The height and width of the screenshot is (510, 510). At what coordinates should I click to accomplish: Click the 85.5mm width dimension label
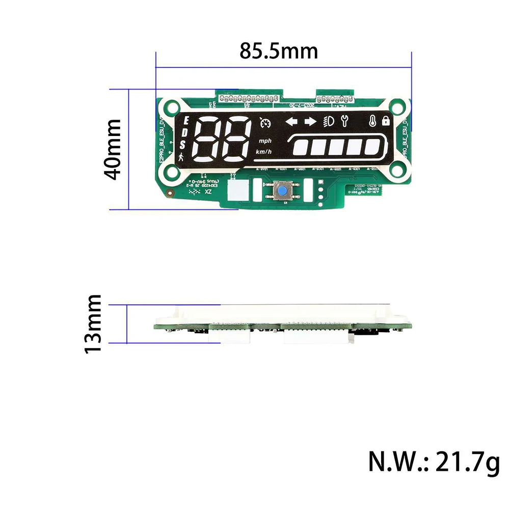pos(279,51)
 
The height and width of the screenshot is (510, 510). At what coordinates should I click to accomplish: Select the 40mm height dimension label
pos(112,149)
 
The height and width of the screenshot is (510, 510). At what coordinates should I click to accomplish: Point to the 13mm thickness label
pos(94,324)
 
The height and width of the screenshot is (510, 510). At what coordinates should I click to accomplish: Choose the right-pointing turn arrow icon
pos(310,121)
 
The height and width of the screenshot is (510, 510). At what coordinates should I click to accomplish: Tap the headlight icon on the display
pos(329,121)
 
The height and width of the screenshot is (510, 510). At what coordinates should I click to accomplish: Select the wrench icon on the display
pos(344,121)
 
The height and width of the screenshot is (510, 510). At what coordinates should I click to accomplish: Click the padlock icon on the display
pos(385,121)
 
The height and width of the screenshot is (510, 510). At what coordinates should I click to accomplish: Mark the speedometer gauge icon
pos(265,123)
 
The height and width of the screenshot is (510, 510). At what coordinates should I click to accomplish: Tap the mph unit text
pos(265,141)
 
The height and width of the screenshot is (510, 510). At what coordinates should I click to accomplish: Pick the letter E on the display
pos(186,121)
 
